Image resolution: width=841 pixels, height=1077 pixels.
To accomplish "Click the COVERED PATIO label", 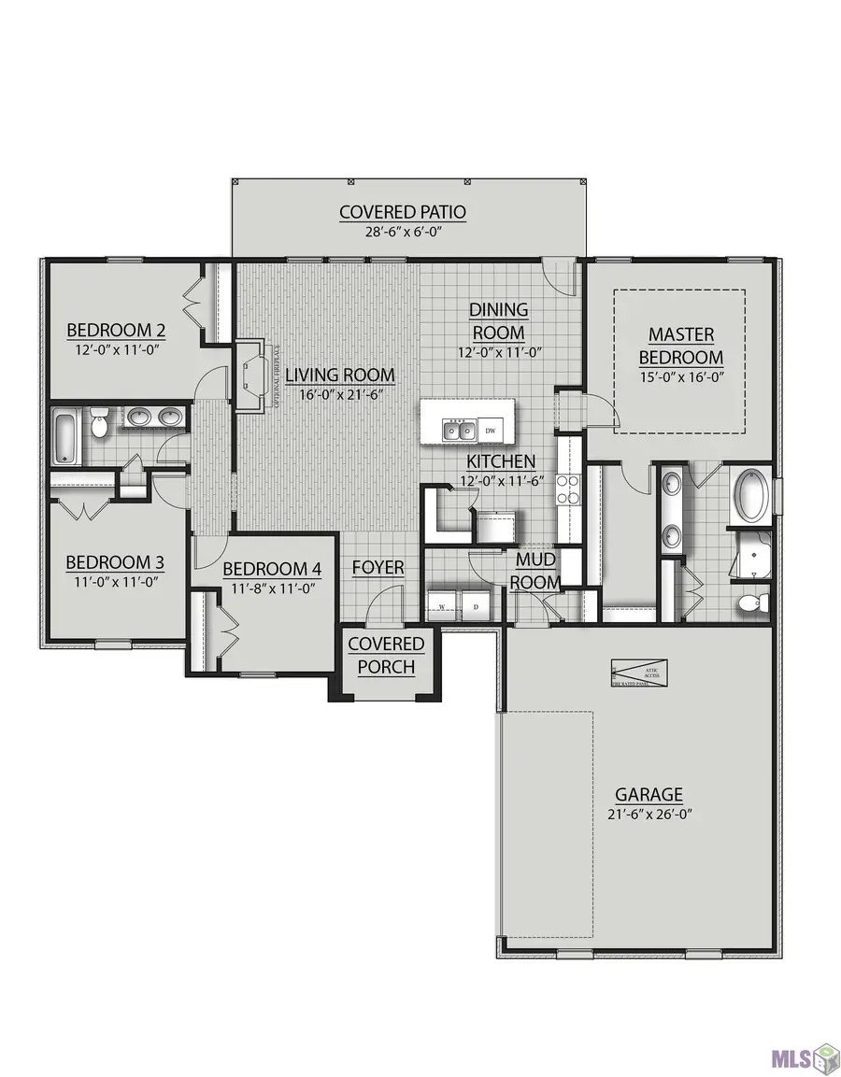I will pos(402,212).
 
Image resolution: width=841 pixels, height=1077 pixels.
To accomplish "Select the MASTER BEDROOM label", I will pos(680,346).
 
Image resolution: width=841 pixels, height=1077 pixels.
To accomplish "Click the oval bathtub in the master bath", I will pos(751,496).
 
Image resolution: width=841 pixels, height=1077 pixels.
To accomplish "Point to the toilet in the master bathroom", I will pos(753,602).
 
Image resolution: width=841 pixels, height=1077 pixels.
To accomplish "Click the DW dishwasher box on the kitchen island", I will pos(490,430).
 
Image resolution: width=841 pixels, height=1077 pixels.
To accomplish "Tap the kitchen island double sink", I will pos(458,430).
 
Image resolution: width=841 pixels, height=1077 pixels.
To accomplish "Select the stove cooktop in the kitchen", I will pos(569,489).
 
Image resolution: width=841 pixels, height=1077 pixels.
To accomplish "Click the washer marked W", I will pos(441,604).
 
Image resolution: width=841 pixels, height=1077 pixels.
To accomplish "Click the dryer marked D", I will pos(475,604).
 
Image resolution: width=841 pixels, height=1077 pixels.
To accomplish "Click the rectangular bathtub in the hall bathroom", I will pos(64,435).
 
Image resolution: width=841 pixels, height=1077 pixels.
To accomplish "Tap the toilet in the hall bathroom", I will pos(100,425).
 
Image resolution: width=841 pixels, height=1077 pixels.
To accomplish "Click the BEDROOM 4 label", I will pos(264,568).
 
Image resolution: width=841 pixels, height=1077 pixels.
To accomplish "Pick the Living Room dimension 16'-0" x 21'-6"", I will pos(340,395).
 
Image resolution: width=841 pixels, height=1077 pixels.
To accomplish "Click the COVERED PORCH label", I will pos(386,656).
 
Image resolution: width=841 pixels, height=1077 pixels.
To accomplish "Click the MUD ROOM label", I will pos(537,570).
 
